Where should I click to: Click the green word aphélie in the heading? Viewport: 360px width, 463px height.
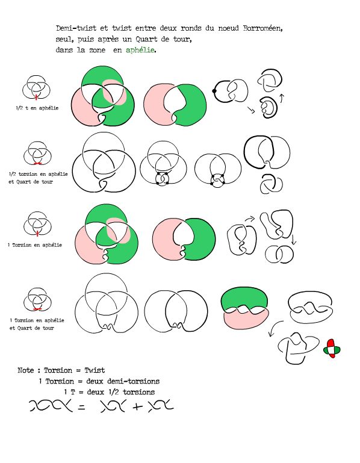coord(140,50)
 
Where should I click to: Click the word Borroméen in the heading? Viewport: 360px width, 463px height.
coord(262,28)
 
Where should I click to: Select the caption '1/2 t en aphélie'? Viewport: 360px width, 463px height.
coord(37,108)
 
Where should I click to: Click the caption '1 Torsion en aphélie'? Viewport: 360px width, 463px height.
coord(35,245)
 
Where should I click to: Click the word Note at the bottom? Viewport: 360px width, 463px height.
coord(26,370)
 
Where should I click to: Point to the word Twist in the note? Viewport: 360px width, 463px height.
coord(95,370)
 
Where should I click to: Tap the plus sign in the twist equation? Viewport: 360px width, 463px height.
coord(138,406)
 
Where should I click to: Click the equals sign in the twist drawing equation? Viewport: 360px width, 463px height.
coord(81,407)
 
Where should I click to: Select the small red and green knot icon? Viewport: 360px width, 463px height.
coord(332,349)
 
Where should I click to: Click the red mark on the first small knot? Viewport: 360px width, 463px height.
coord(36,97)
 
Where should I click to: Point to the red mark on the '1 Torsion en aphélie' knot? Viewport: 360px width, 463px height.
coord(37,234)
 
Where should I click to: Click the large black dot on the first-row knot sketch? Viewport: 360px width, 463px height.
coord(214,91)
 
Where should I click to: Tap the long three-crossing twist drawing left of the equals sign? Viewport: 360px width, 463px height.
coord(51,406)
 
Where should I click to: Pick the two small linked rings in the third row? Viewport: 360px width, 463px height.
coord(279,254)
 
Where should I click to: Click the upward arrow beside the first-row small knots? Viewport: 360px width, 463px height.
coord(282,98)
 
